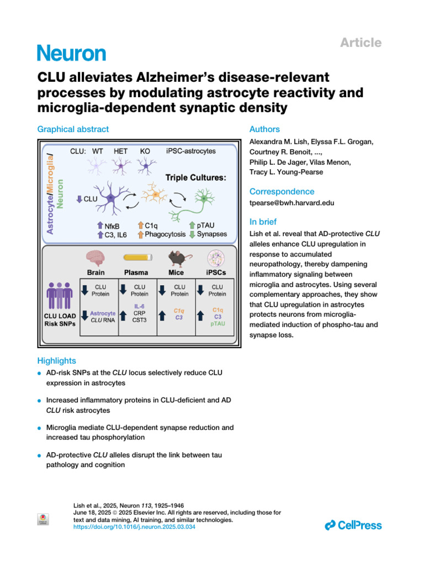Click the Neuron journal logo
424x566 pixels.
click(71, 54)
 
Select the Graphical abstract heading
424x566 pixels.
click(73, 129)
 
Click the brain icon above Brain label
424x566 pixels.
click(96, 258)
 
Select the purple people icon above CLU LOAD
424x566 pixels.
click(59, 297)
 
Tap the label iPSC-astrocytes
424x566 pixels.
click(191, 150)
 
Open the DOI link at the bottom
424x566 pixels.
click(134, 527)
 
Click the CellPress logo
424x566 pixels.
click(353, 525)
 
